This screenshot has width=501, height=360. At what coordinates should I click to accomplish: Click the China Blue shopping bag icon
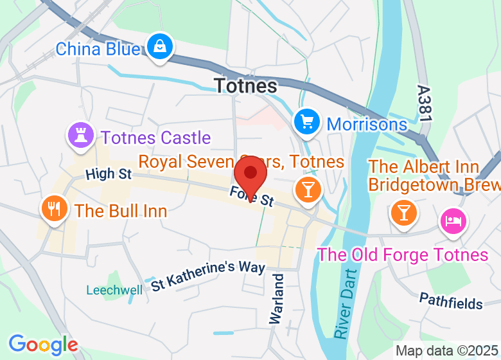pyautogui.click(x=158, y=47)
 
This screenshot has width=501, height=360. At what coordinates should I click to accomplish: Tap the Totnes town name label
pyautogui.click(x=245, y=85)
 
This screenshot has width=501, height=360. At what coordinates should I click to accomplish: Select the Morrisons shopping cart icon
pyautogui.click(x=307, y=121)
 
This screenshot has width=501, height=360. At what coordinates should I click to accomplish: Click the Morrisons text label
pyautogui.click(x=367, y=124)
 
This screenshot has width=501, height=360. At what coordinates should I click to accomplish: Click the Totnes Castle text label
pyautogui.click(x=155, y=138)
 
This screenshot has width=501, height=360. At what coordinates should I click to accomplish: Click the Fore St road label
pyautogui.click(x=252, y=197)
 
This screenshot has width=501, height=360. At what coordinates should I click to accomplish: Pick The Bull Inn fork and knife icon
pyautogui.click(x=54, y=209)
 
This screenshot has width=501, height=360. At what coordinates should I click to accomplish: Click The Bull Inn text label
pyautogui.click(x=121, y=211)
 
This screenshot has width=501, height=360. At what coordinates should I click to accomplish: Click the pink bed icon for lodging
pyautogui.click(x=453, y=221)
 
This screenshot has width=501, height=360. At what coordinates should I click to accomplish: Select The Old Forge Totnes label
pyautogui.click(x=403, y=255)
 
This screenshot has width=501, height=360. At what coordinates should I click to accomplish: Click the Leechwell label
pyautogui.click(x=114, y=290)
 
